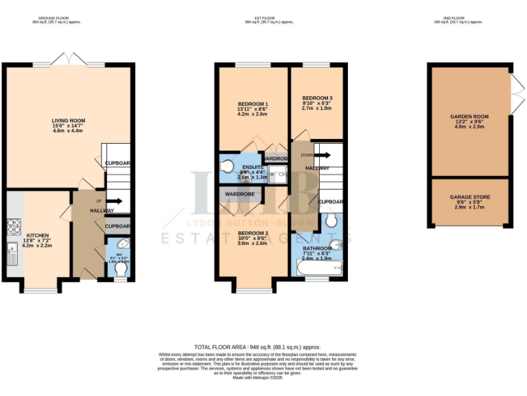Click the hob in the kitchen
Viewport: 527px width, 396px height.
tap(13, 225)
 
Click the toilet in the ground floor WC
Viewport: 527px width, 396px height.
tap(120, 271)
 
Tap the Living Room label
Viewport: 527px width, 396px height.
tap(68, 121)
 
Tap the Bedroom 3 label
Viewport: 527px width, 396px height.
tap(316, 99)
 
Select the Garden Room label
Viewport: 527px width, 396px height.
tap(469, 118)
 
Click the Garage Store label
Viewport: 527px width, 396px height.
tap(469, 197)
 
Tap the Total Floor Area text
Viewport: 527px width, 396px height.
tap(257, 347)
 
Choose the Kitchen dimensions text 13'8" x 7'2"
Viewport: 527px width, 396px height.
tap(38, 241)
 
